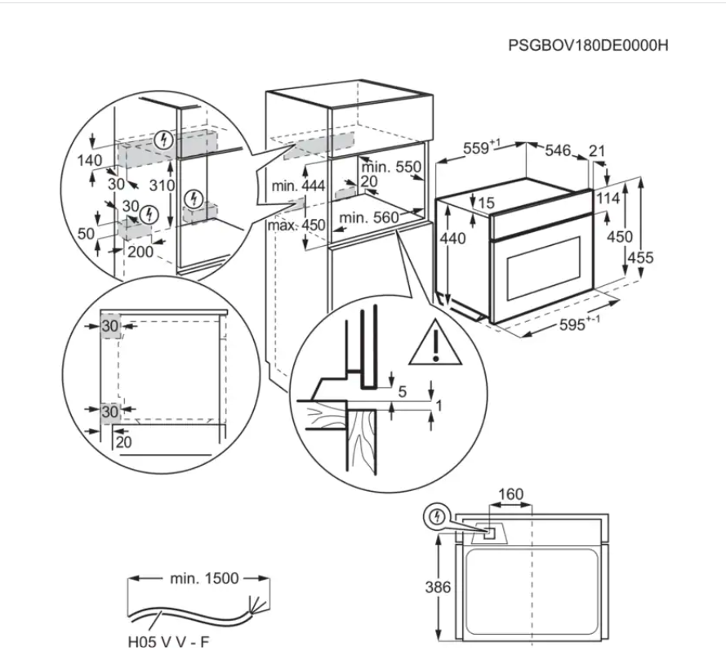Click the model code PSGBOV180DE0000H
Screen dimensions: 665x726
(x=588, y=45)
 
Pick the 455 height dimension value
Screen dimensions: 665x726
(x=641, y=258)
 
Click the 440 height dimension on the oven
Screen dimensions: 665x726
(x=452, y=239)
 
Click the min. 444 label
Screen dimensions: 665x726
(x=298, y=187)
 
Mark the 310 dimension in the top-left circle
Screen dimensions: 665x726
(x=163, y=185)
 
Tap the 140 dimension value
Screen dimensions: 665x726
(x=90, y=160)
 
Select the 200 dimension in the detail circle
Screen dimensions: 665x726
(x=140, y=252)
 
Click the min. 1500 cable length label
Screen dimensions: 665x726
(x=204, y=578)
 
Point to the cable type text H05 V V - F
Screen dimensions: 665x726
(x=167, y=642)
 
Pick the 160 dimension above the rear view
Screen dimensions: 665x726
(x=510, y=494)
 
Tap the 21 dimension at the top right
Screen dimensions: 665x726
(x=597, y=150)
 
